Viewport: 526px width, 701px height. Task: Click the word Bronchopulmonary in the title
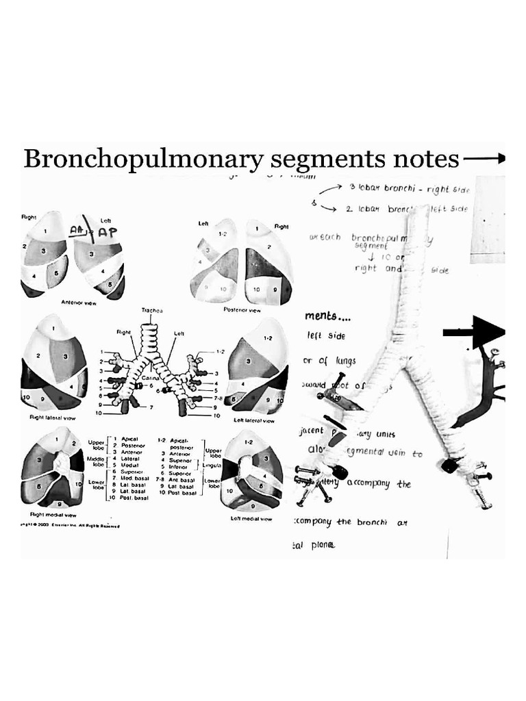click(x=142, y=159)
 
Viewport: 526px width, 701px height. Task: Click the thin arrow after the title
click(x=484, y=159)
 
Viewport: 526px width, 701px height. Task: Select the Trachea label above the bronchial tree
click(x=152, y=311)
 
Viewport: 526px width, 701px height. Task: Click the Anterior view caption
click(x=80, y=302)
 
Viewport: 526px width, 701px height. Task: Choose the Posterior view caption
click(x=242, y=310)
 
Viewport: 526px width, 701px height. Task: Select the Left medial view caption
click(x=252, y=519)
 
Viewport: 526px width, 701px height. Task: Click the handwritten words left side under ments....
click(x=327, y=336)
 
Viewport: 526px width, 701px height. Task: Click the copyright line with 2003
click(x=70, y=526)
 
